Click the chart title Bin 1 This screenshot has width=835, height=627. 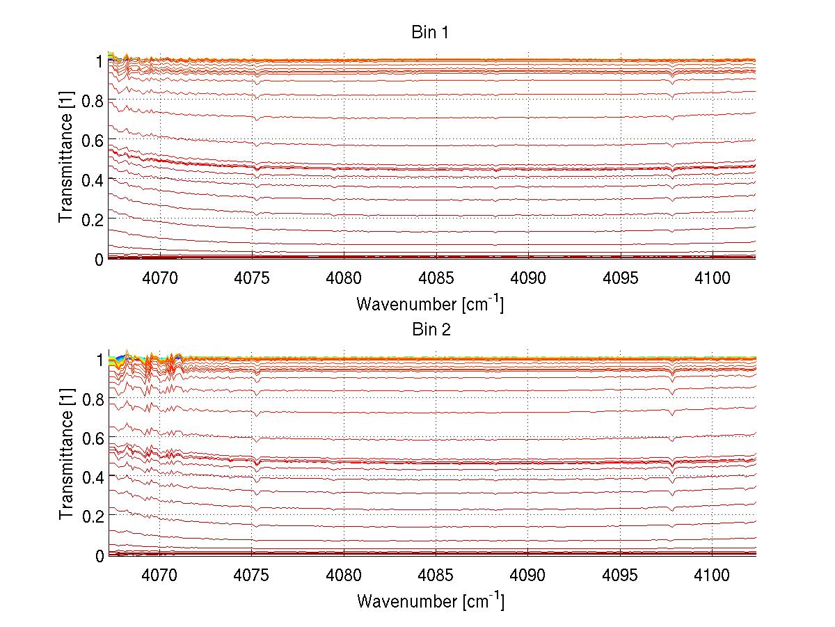(431, 32)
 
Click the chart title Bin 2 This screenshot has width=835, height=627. (431, 329)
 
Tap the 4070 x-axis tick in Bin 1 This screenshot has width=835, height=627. (160, 278)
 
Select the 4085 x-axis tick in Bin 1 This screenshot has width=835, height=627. (436, 278)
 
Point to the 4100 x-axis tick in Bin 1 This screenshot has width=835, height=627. (712, 278)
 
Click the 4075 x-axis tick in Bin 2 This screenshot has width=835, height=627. (252, 575)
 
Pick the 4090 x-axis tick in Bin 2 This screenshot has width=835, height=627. (528, 575)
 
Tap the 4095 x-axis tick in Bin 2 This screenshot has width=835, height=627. (620, 575)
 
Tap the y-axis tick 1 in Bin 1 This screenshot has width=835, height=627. (100, 61)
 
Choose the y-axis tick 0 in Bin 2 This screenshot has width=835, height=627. (100, 555)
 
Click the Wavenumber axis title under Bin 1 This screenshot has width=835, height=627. (431, 303)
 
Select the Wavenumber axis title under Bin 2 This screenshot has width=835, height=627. (431, 601)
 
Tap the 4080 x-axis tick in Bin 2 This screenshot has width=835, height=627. (344, 575)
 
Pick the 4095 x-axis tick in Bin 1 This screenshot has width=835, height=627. (620, 278)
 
